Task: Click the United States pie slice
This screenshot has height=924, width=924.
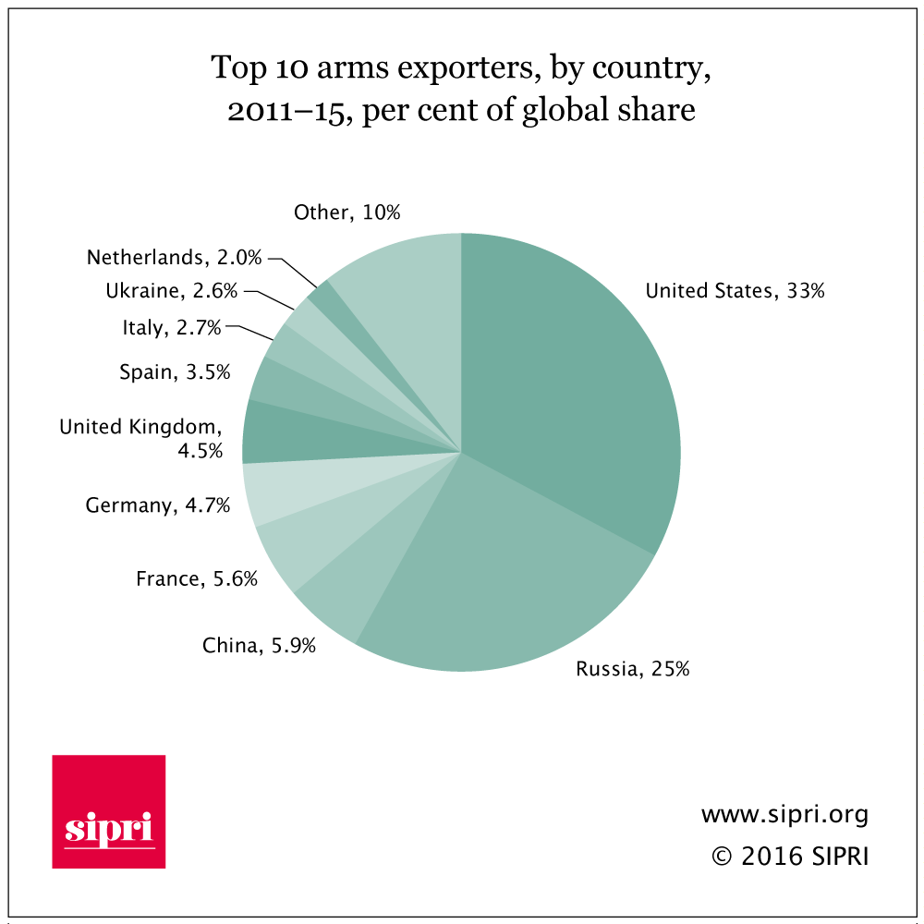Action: point(573,388)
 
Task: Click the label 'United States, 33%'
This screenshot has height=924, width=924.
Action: point(735,291)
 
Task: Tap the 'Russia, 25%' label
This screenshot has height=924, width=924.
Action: point(632,669)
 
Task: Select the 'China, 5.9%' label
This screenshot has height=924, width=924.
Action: point(260,645)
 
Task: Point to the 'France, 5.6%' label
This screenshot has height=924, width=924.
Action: point(197,579)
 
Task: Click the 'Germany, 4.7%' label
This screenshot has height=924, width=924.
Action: point(158,505)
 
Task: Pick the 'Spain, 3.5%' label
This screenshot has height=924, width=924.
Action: point(175,372)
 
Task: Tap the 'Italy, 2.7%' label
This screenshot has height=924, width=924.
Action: point(172,327)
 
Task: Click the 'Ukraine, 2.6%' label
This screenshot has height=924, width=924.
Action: point(172,291)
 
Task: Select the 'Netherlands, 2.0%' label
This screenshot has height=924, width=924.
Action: point(175,257)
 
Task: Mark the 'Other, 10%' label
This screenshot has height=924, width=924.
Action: point(347,213)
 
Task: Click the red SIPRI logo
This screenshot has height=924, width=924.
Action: point(109,811)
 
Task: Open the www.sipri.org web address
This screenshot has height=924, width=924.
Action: point(784,815)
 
